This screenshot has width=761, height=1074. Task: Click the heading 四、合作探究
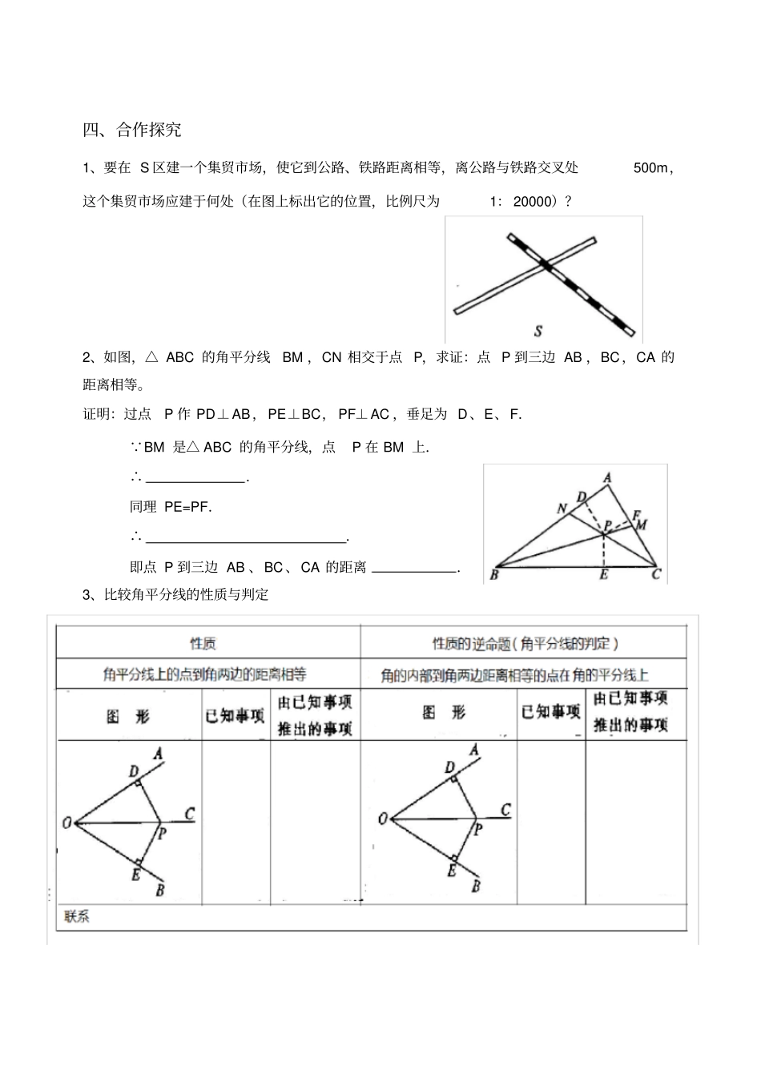(x=132, y=129)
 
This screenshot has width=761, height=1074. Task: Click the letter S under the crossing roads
(x=538, y=331)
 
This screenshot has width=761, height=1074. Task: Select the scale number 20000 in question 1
(x=533, y=202)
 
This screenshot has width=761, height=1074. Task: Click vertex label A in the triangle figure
(x=608, y=478)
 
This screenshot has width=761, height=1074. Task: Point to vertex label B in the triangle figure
(x=493, y=574)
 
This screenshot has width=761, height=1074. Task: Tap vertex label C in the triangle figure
(x=656, y=574)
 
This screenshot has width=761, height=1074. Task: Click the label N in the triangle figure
(x=562, y=509)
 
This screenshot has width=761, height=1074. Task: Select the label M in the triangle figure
(x=642, y=525)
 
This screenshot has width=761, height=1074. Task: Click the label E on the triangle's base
(x=604, y=574)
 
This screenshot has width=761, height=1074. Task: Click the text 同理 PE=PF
(x=171, y=507)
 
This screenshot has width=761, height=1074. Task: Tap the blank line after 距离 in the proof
(x=415, y=569)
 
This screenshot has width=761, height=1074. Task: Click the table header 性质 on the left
(x=203, y=643)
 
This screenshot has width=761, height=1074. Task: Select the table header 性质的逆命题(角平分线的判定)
(x=525, y=643)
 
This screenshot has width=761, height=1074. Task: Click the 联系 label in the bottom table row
(x=75, y=917)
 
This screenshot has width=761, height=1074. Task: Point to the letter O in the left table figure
(x=67, y=823)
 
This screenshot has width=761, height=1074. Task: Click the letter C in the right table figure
(x=506, y=810)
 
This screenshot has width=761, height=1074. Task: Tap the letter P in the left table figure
(x=163, y=834)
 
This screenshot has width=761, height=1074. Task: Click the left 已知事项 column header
(x=235, y=715)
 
